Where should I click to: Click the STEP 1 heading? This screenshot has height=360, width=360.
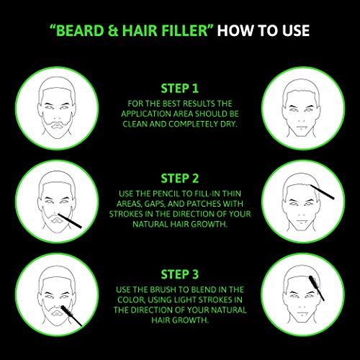(179, 89)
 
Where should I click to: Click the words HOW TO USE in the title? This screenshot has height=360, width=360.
(264, 31)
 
